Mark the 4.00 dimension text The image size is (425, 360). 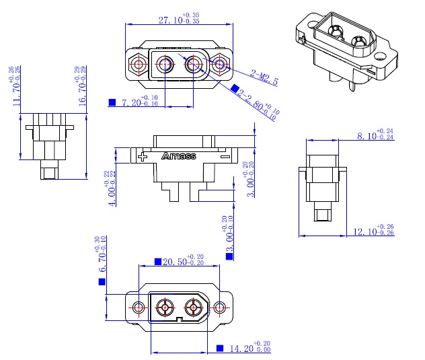[108, 189]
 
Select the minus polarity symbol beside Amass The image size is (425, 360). [225, 157]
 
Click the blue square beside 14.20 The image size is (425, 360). [220, 349]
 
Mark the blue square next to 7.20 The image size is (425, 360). [112, 103]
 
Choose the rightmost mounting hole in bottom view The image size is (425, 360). [219, 309]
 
